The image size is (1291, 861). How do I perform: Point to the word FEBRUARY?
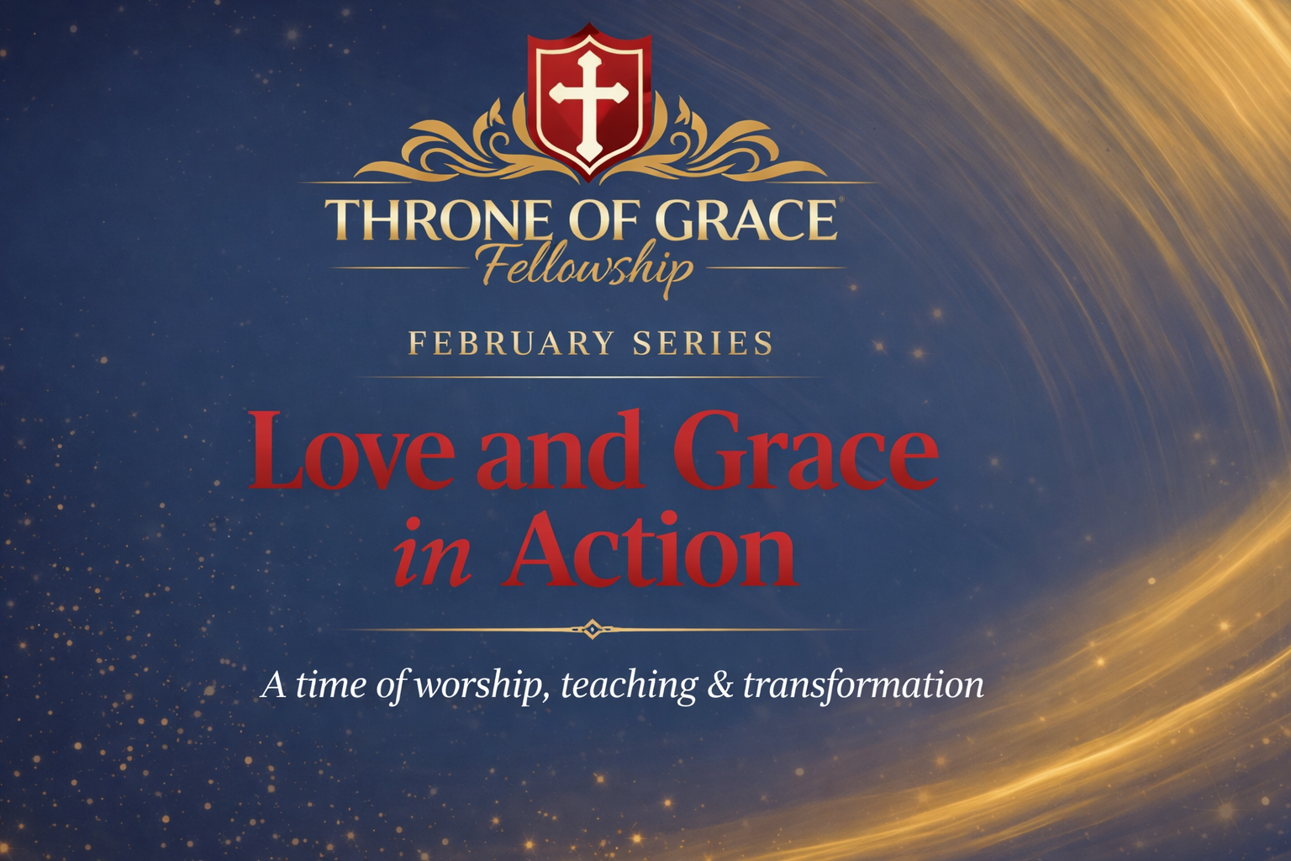511,343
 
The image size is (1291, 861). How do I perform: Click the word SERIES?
703,343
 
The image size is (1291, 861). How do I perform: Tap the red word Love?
348,451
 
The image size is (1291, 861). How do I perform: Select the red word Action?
651,548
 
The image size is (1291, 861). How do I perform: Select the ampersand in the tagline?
719,686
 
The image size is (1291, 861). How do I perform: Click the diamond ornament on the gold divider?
592,629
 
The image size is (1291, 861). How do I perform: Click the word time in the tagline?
331,686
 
